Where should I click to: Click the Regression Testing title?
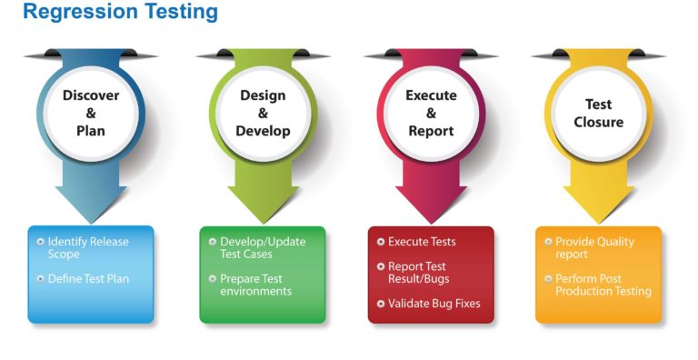[x=120, y=13]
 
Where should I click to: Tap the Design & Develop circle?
[x=263, y=113]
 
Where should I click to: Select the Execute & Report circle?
[x=431, y=113]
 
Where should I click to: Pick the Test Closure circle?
[x=599, y=113]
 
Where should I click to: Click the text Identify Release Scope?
[x=88, y=248]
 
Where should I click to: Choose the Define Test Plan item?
[x=88, y=279]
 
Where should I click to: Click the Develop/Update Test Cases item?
[x=263, y=248]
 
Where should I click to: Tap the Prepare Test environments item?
[x=255, y=285]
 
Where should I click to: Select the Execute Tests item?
[x=422, y=242]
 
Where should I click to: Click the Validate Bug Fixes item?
[x=434, y=304]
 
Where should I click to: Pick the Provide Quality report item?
[x=594, y=248]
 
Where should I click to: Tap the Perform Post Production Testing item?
[x=603, y=285]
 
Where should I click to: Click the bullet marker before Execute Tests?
[x=380, y=242]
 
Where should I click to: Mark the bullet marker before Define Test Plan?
[x=40, y=278]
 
